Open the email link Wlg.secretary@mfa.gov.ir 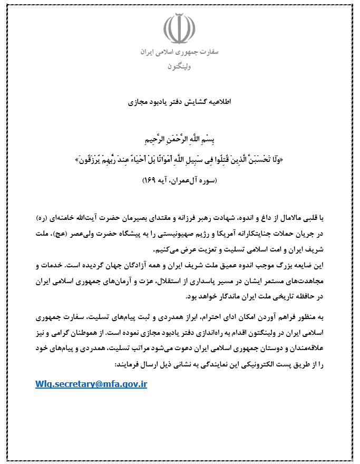pos(91,384)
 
